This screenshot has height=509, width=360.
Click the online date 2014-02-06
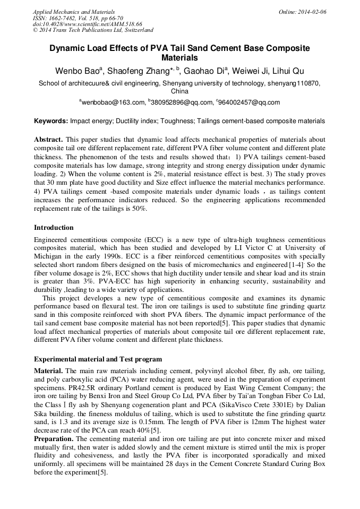(x=312, y=12)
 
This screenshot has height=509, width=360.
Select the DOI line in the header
(x=87, y=24)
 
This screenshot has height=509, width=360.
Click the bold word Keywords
(x=51, y=121)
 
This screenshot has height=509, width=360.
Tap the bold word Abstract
(x=49, y=139)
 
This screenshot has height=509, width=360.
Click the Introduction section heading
(x=54, y=227)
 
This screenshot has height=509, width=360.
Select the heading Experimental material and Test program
(x=98, y=359)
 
